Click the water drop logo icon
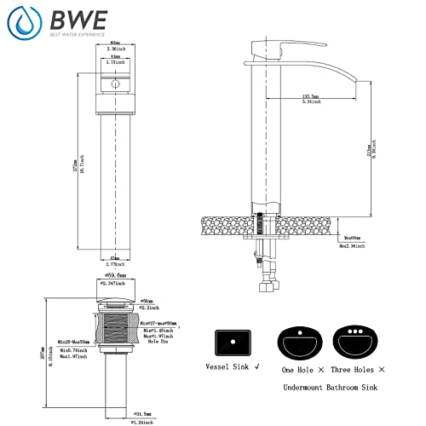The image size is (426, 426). point(24,23)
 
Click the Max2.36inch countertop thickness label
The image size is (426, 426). point(352,246)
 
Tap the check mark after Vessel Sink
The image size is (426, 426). point(258,370)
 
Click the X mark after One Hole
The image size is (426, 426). point(319,370)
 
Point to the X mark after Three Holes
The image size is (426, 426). point(382,370)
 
